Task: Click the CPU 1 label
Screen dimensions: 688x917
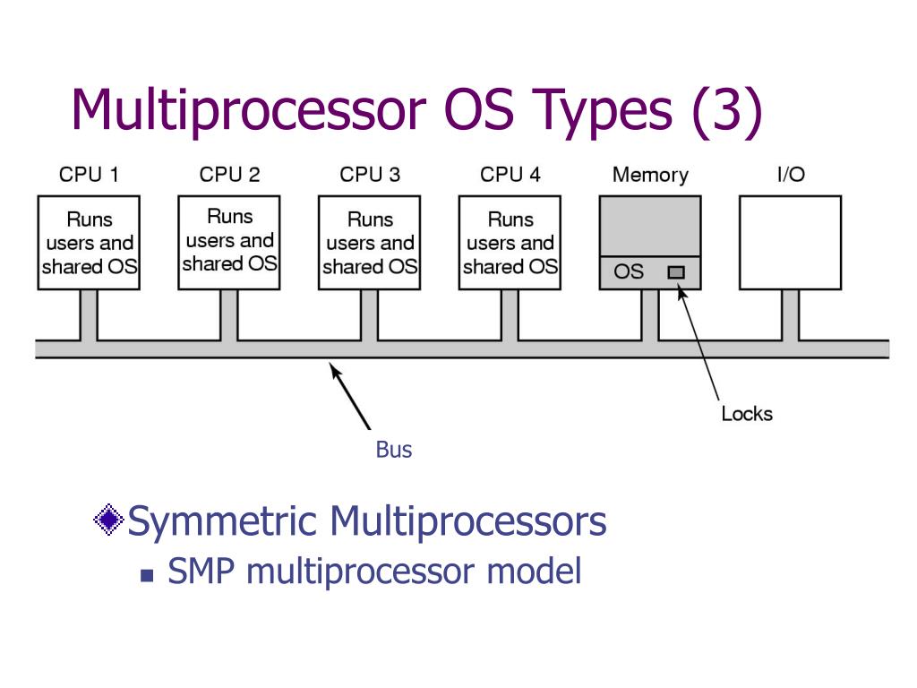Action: point(89,175)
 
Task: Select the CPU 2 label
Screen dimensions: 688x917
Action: point(229,175)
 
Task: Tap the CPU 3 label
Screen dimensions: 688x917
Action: point(370,175)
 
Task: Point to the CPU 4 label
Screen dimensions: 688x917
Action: point(510,175)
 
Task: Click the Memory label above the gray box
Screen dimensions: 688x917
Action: point(650,175)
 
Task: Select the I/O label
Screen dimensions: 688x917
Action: point(790,175)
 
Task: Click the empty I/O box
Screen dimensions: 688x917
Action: point(790,243)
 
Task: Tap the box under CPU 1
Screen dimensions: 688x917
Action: point(89,243)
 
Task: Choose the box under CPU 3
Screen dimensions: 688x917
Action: point(370,243)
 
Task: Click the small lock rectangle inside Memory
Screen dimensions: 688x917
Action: point(676,271)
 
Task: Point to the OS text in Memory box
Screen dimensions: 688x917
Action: point(629,271)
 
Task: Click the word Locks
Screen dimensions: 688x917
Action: point(747,414)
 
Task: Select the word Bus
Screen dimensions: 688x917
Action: point(394,450)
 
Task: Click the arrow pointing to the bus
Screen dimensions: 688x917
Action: point(350,395)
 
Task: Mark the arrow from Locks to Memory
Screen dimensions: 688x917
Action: point(699,345)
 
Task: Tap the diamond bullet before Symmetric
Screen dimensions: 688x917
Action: point(109,520)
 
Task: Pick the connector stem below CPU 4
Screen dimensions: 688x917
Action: point(510,314)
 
